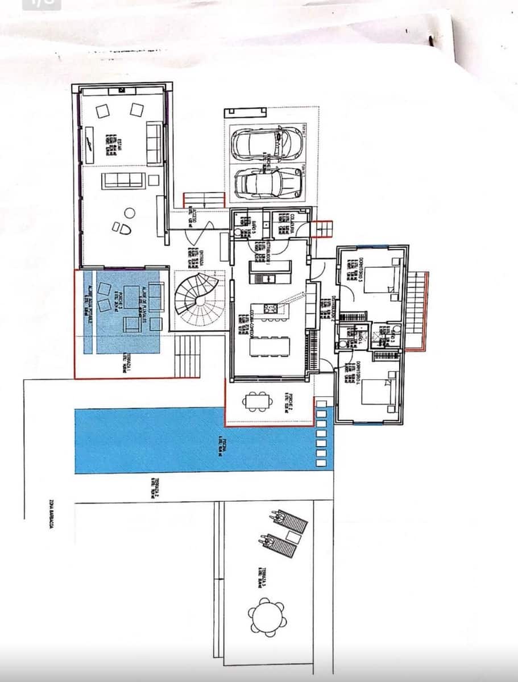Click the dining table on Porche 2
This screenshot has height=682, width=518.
pos(255,401)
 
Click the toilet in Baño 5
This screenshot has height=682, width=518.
pos(238,232)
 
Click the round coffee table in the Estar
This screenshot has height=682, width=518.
pos(130,213)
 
